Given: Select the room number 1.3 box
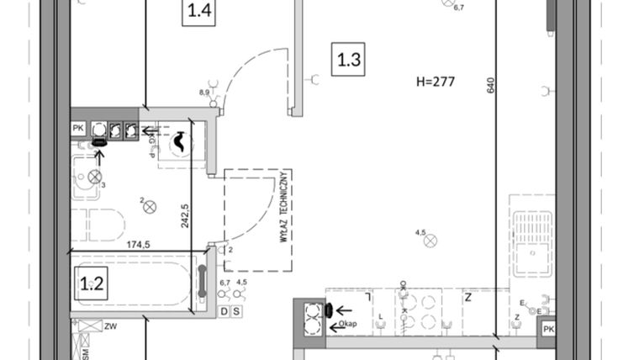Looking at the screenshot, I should click(349, 61).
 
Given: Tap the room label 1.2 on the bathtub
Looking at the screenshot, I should click(91, 283).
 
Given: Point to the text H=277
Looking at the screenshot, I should click(435, 82).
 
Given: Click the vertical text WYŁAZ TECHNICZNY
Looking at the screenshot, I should click(286, 207).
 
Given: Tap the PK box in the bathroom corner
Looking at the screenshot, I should click(78, 129).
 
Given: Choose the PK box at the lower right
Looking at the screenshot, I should click(548, 328).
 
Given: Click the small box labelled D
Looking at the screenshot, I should click(224, 311).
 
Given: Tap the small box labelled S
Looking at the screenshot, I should click(236, 311).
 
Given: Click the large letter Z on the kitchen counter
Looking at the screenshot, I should click(467, 296).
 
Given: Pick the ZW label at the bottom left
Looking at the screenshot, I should click(110, 326).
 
